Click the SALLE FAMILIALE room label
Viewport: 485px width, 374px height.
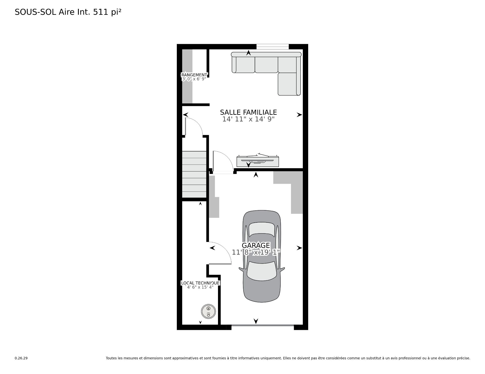click(x=248, y=112)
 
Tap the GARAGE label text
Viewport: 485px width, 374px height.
click(x=256, y=245)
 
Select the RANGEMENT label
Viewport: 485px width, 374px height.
click(x=194, y=75)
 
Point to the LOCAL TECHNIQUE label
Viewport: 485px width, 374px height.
click(x=200, y=283)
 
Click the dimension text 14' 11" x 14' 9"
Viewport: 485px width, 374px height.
click(x=248, y=119)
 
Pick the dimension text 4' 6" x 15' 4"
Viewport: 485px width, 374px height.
click(x=200, y=287)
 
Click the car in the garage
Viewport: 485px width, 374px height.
click(x=262, y=256)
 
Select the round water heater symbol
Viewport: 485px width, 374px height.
click(x=208, y=311)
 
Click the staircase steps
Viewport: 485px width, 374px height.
click(x=194, y=174)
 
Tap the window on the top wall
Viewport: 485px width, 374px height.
click(x=273, y=47)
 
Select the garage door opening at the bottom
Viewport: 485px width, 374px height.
click(x=263, y=326)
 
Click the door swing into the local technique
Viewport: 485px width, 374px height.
click(x=219, y=253)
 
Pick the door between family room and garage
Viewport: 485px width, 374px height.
click(x=223, y=162)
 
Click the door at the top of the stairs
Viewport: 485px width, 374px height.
click(x=194, y=127)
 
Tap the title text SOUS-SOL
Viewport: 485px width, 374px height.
click(x=35, y=12)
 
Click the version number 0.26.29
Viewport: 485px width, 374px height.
click(x=21, y=358)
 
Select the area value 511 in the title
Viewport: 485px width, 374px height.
click(x=101, y=12)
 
